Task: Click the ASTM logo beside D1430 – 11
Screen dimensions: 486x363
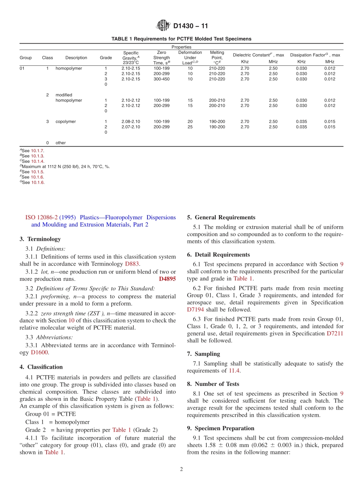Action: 163,26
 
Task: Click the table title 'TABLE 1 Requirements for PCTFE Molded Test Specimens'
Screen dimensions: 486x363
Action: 181,39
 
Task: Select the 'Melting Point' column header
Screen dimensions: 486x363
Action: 217,58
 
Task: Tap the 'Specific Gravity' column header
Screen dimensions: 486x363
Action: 131,58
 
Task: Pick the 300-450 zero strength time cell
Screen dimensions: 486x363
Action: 161,79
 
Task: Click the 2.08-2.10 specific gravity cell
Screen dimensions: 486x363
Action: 131,122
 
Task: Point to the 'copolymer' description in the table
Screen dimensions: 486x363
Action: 66,122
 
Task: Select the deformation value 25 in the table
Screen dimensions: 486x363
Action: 190,127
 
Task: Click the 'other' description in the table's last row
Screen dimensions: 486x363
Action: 61,143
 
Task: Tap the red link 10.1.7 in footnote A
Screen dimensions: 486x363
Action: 37,151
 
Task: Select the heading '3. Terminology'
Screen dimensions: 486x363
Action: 40,239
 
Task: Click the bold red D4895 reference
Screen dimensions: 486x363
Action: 167,279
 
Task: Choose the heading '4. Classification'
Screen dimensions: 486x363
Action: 41,367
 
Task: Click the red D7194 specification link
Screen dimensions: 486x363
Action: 196,309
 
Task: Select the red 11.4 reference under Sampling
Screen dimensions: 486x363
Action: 234,371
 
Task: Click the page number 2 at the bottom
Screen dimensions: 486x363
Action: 181,470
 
